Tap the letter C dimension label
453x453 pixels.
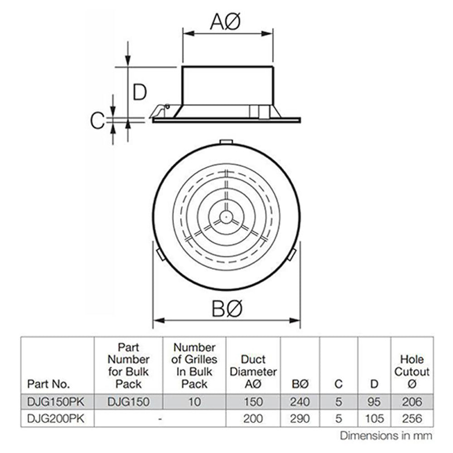97,120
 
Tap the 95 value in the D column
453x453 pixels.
374,401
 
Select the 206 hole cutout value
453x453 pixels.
411,401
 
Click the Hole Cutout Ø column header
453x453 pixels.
411,371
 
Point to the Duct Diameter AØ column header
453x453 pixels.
253,371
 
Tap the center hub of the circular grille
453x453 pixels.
225,217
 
